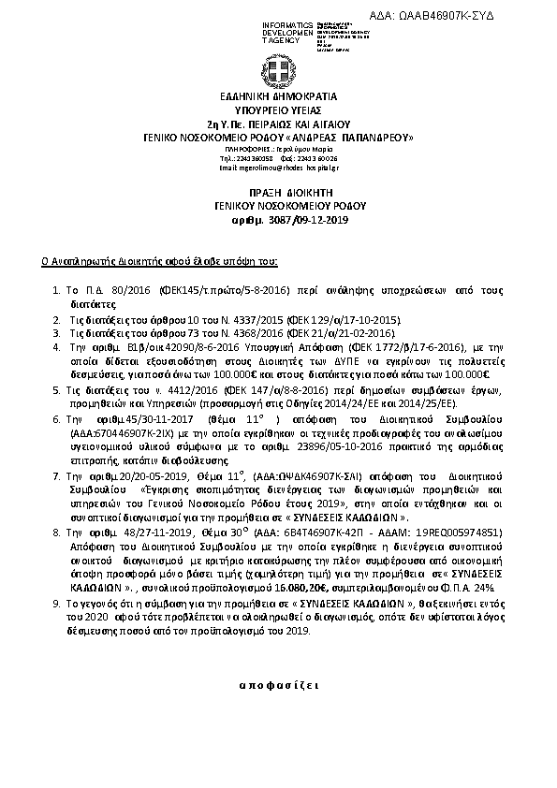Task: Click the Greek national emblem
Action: click(x=279, y=71)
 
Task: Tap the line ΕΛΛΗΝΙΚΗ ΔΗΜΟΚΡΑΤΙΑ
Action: click(x=279, y=96)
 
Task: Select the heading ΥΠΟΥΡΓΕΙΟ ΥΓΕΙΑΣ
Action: click(x=279, y=109)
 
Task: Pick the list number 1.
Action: click(x=58, y=292)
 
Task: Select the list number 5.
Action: click(x=58, y=387)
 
